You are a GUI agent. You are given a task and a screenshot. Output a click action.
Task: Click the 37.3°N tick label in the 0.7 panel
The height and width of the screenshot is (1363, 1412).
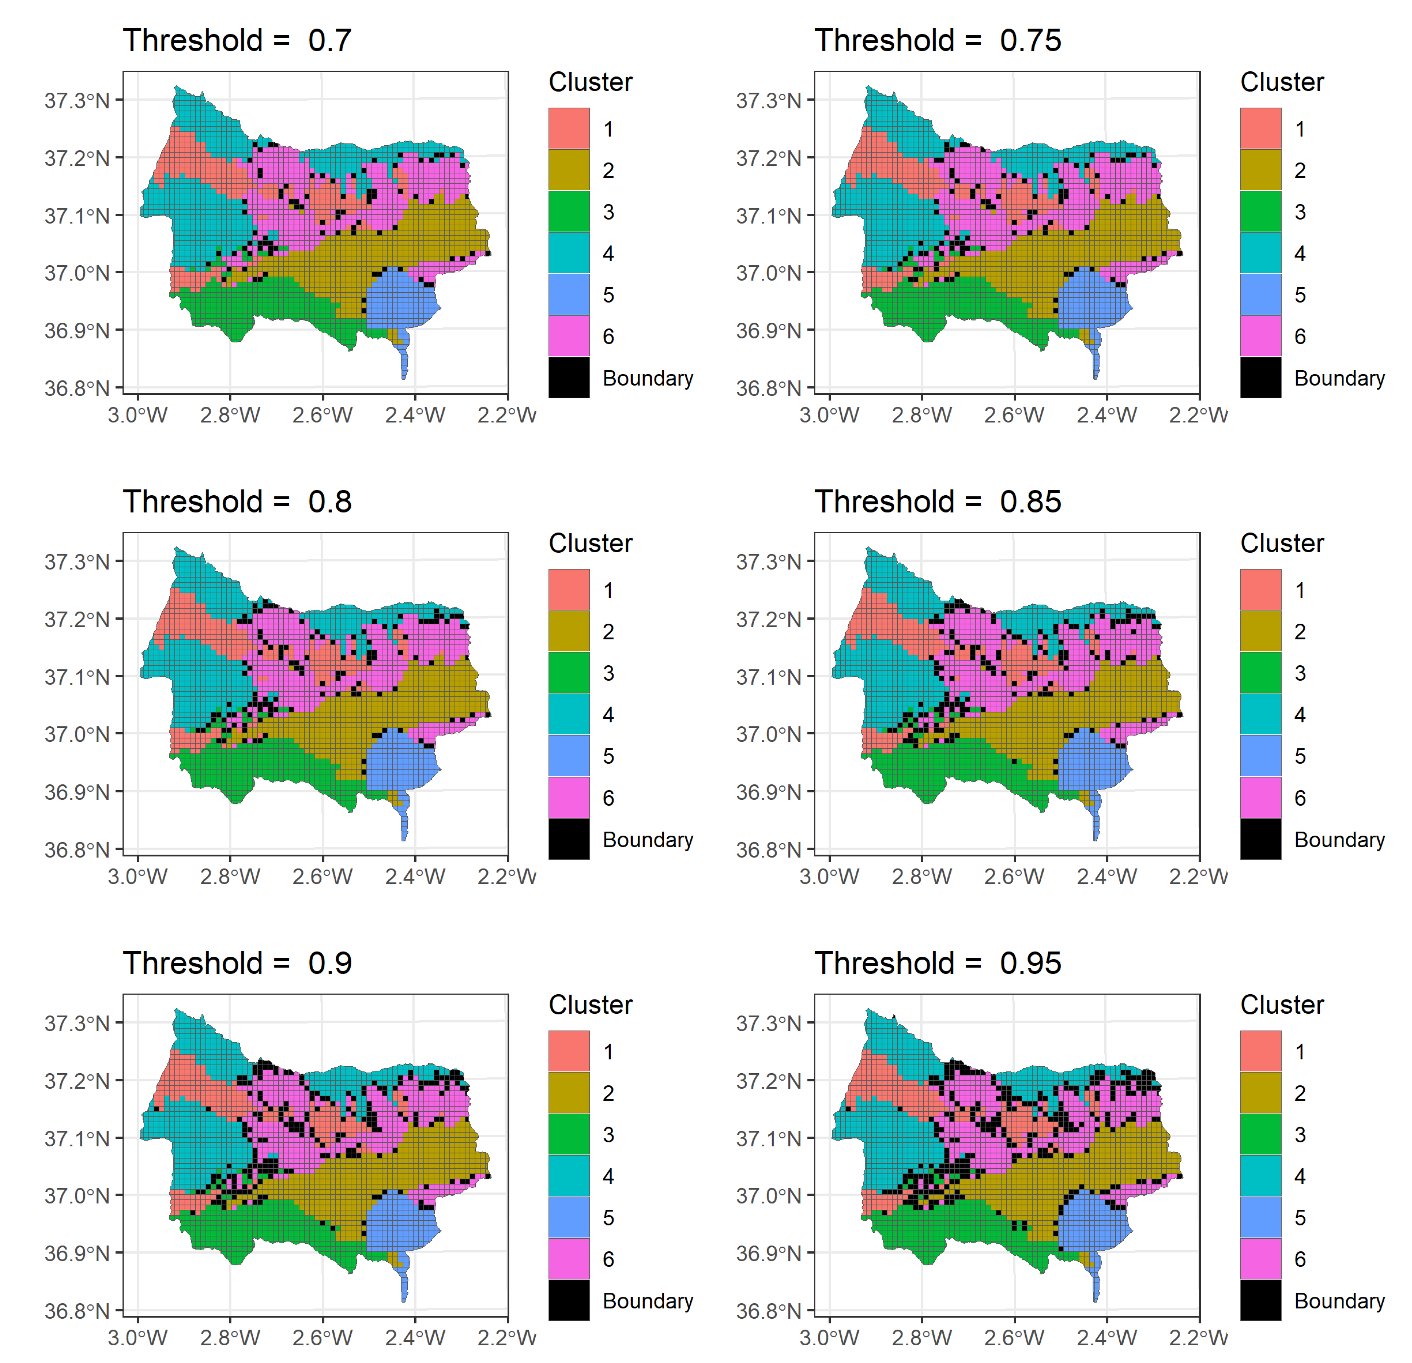point(77,100)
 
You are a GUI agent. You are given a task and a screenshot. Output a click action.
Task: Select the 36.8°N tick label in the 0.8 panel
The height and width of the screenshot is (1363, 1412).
point(77,850)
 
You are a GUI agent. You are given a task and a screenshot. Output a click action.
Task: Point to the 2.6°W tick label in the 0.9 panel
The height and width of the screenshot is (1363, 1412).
point(322,1338)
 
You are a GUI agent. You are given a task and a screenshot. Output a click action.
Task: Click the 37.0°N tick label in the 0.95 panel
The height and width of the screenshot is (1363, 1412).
point(769,1196)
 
